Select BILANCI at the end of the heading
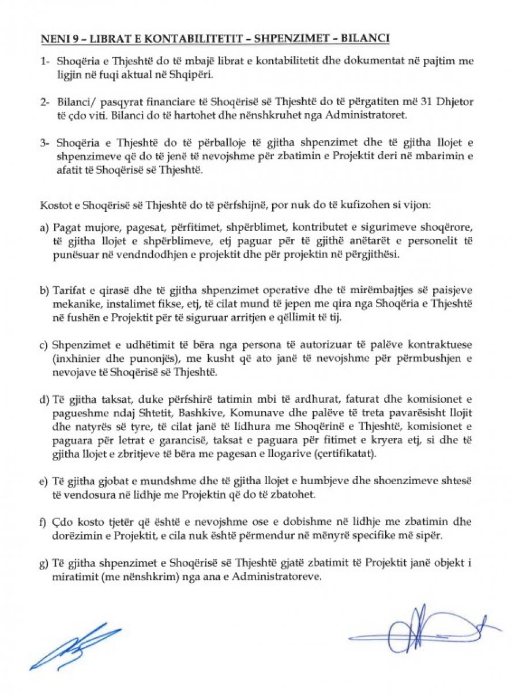pyautogui.click(x=368, y=39)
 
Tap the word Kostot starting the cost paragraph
pyautogui.click(x=54, y=205)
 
